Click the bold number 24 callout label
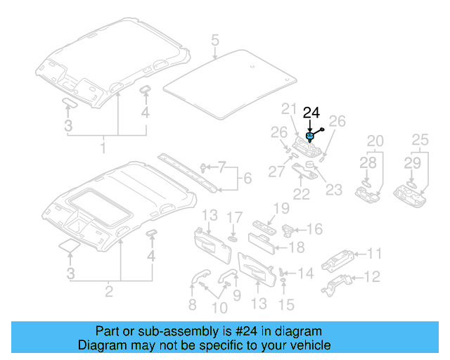311,112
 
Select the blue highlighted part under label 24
310,136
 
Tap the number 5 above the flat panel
215,41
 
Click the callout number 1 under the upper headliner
103,148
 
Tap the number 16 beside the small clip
315,229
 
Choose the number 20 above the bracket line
375,141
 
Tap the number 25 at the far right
420,141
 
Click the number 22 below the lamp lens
302,194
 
